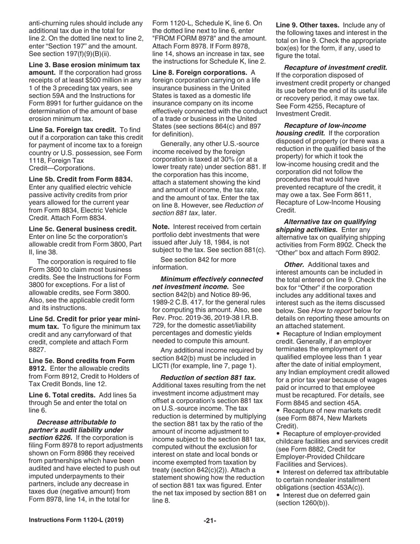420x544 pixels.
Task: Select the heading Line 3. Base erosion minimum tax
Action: point(84,65)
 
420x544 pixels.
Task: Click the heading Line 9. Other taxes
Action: point(308,25)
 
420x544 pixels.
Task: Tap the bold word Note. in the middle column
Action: point(161,226)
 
